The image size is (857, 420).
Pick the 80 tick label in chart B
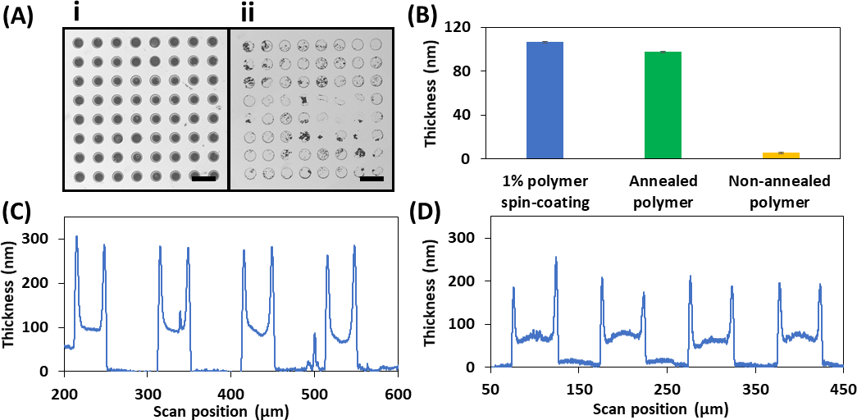coord(465,71)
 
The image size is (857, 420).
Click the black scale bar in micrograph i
coord(203,177)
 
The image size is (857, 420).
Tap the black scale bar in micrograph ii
coord(372,177)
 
